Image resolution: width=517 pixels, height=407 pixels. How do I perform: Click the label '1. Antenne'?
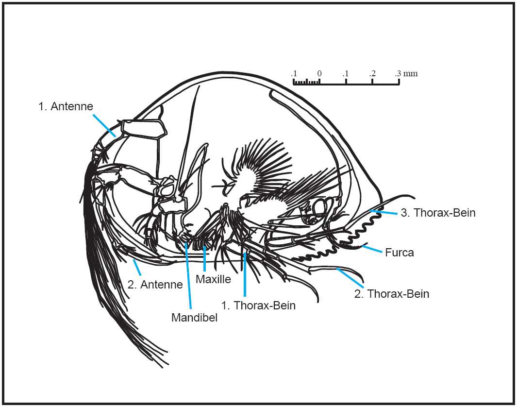point(66,106)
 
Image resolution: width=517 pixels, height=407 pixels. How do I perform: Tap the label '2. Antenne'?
point(155,285)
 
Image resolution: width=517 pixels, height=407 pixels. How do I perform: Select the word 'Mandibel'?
point(194,318)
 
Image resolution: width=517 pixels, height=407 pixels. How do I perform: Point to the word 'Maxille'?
point(213,280)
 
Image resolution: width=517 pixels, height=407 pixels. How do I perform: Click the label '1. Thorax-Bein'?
point(258,305)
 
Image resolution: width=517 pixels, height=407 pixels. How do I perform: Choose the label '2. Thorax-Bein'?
point(392,294)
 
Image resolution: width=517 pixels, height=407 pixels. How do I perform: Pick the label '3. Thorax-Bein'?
point(438,213)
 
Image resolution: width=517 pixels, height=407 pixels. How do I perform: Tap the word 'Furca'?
point(400,253)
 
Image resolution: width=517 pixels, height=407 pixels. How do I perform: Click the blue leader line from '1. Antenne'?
point(104,125)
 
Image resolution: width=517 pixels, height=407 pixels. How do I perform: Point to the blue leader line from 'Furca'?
point(372,249)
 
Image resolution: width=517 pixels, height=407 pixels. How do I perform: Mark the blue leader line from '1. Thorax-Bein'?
point(245,274)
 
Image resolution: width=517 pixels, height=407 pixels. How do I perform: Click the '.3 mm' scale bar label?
point(406,74)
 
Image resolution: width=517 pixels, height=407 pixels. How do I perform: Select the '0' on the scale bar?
point(319,74)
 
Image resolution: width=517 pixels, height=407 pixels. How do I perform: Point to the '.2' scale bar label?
point(372,74)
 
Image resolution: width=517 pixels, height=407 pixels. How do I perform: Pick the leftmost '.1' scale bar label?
point(293,74)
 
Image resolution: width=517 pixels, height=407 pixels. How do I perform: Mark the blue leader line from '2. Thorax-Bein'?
point(348,276)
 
